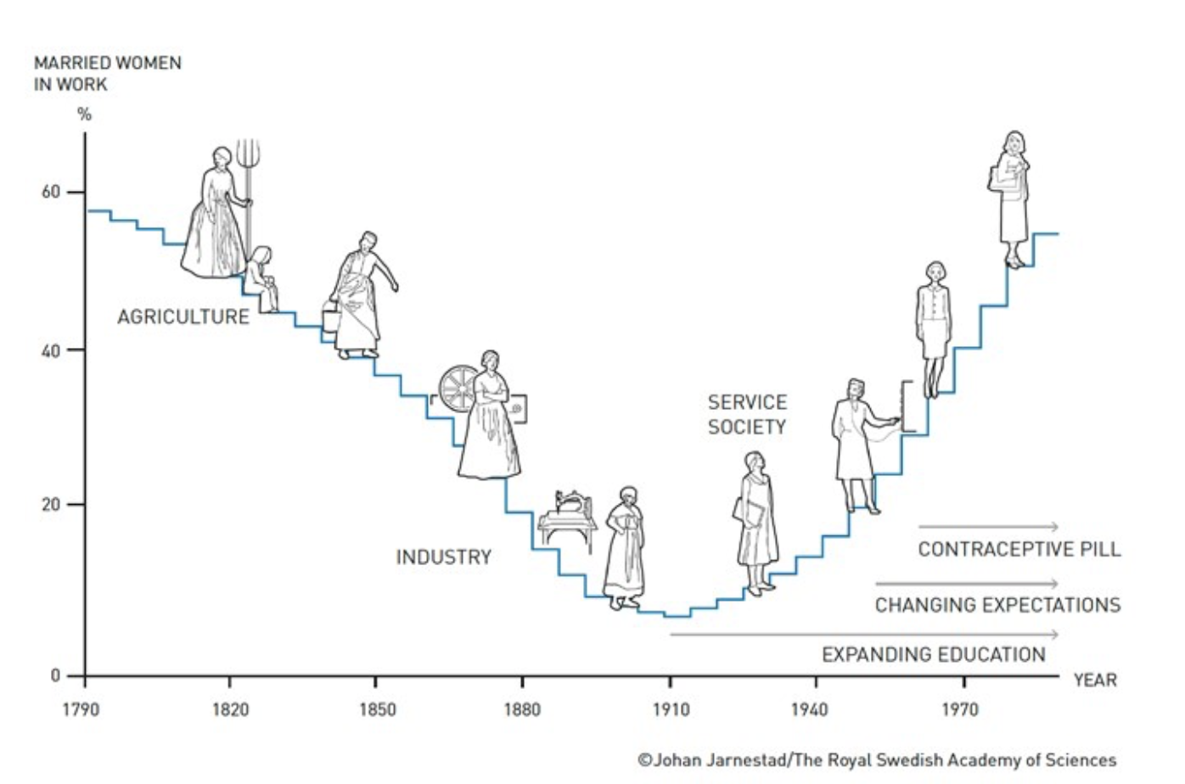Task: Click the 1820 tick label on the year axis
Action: [x=230, y=709]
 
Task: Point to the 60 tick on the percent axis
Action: [x=51, y=192]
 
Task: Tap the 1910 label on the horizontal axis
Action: [x=671, y=709]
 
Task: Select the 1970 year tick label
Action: [x=960, y=709]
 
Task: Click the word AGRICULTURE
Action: [x=183, y=317]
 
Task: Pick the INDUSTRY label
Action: [x=443, y=557]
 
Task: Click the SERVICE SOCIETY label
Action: [x=747, y=415]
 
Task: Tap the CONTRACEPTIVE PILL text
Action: [x=1019, y=550]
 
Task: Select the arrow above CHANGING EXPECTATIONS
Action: [x=967, y=584]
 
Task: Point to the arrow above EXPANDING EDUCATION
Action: [x=864, y=635]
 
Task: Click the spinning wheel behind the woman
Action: [x=458, y=388]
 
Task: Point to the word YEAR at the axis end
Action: [x=1095, y=680]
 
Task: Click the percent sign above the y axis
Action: [x=84, y=115]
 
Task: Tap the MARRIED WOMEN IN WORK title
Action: [x=107, y=74]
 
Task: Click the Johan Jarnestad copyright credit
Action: [x=877, y=760]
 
